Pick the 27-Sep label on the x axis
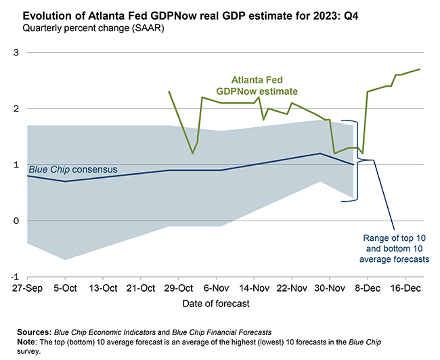(x=27, y=287)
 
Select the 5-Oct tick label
(x=65, y=287)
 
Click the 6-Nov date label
(x=216, y=287)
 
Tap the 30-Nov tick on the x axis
(x=330, y=287)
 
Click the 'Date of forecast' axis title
(x=216, y=304)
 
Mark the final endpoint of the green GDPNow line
(x=420, y=69)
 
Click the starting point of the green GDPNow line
(x=169, y=91)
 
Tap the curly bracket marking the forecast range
(x=357, y=160)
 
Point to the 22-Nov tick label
(x=292, y=287)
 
